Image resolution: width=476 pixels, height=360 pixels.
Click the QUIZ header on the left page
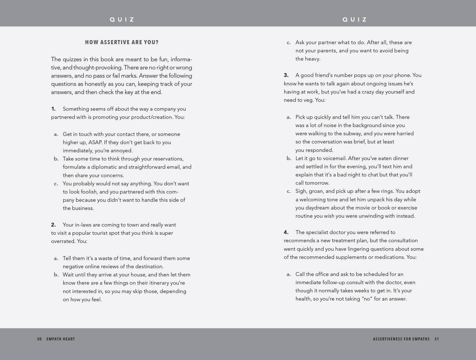pyautogui.click(x=122, y=19)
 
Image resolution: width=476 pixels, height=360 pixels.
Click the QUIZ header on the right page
pyautogui.click(x=355, y=19)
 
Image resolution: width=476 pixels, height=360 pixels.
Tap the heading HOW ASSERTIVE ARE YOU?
pyautogui.click(x=122, y=43)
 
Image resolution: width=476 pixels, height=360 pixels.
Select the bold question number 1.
pyautogui.click(x=53, y=109)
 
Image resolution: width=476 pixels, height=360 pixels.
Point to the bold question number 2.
pyautogui.click(x=53, y=225)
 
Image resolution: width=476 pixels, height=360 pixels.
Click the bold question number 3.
pyautogui.click(x=286, y=75)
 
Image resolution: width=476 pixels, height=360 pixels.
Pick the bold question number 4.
pyautogui.click(x=286, y=232)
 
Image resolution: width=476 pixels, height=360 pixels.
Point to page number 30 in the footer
pyautogui.click(x=40, y=339)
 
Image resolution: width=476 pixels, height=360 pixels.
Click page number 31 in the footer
pyautogui.click(x=436, y=339)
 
